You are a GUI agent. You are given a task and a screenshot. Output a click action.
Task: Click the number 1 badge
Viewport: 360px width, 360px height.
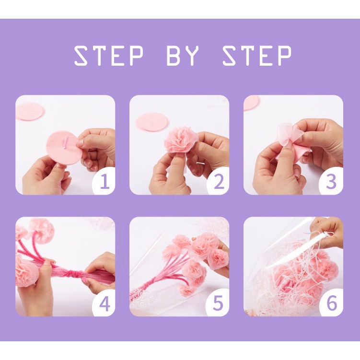(105, 181)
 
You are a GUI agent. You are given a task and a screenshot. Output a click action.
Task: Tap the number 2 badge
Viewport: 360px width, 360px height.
(218, 181)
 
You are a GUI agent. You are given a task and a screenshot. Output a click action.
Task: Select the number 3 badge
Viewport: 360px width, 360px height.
(331, 181)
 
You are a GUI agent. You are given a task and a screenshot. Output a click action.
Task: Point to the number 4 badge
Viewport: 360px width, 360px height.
(105, 304)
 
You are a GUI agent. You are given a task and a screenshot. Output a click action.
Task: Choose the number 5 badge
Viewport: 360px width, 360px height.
(218, 303)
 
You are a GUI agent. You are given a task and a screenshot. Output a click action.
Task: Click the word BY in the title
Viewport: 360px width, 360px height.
(183, 55)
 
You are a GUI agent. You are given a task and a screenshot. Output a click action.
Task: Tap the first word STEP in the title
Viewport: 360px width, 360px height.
(109, 55)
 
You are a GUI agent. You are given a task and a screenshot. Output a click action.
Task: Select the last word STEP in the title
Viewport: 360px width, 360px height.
(257, 55)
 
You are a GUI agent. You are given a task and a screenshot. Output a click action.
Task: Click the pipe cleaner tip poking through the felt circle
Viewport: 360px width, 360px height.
(66, 142)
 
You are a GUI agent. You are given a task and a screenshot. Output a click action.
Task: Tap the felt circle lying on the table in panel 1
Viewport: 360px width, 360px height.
(29, 112)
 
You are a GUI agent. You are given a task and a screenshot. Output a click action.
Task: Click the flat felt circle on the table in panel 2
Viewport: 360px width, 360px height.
(152, 122)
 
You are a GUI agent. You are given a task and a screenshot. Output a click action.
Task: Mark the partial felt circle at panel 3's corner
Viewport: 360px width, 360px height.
(251, 103)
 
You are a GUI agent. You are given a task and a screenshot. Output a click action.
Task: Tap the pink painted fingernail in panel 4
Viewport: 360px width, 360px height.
(85, 279)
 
